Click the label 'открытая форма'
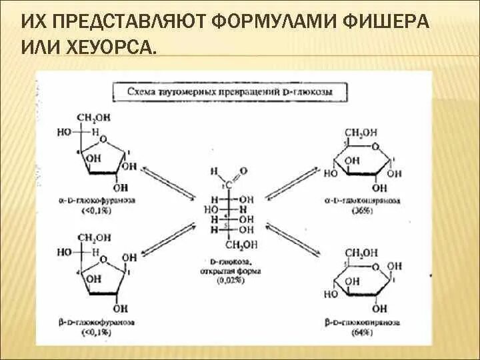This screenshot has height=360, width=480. coord(230,272)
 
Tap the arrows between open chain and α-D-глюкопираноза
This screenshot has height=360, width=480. coord(291,183)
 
